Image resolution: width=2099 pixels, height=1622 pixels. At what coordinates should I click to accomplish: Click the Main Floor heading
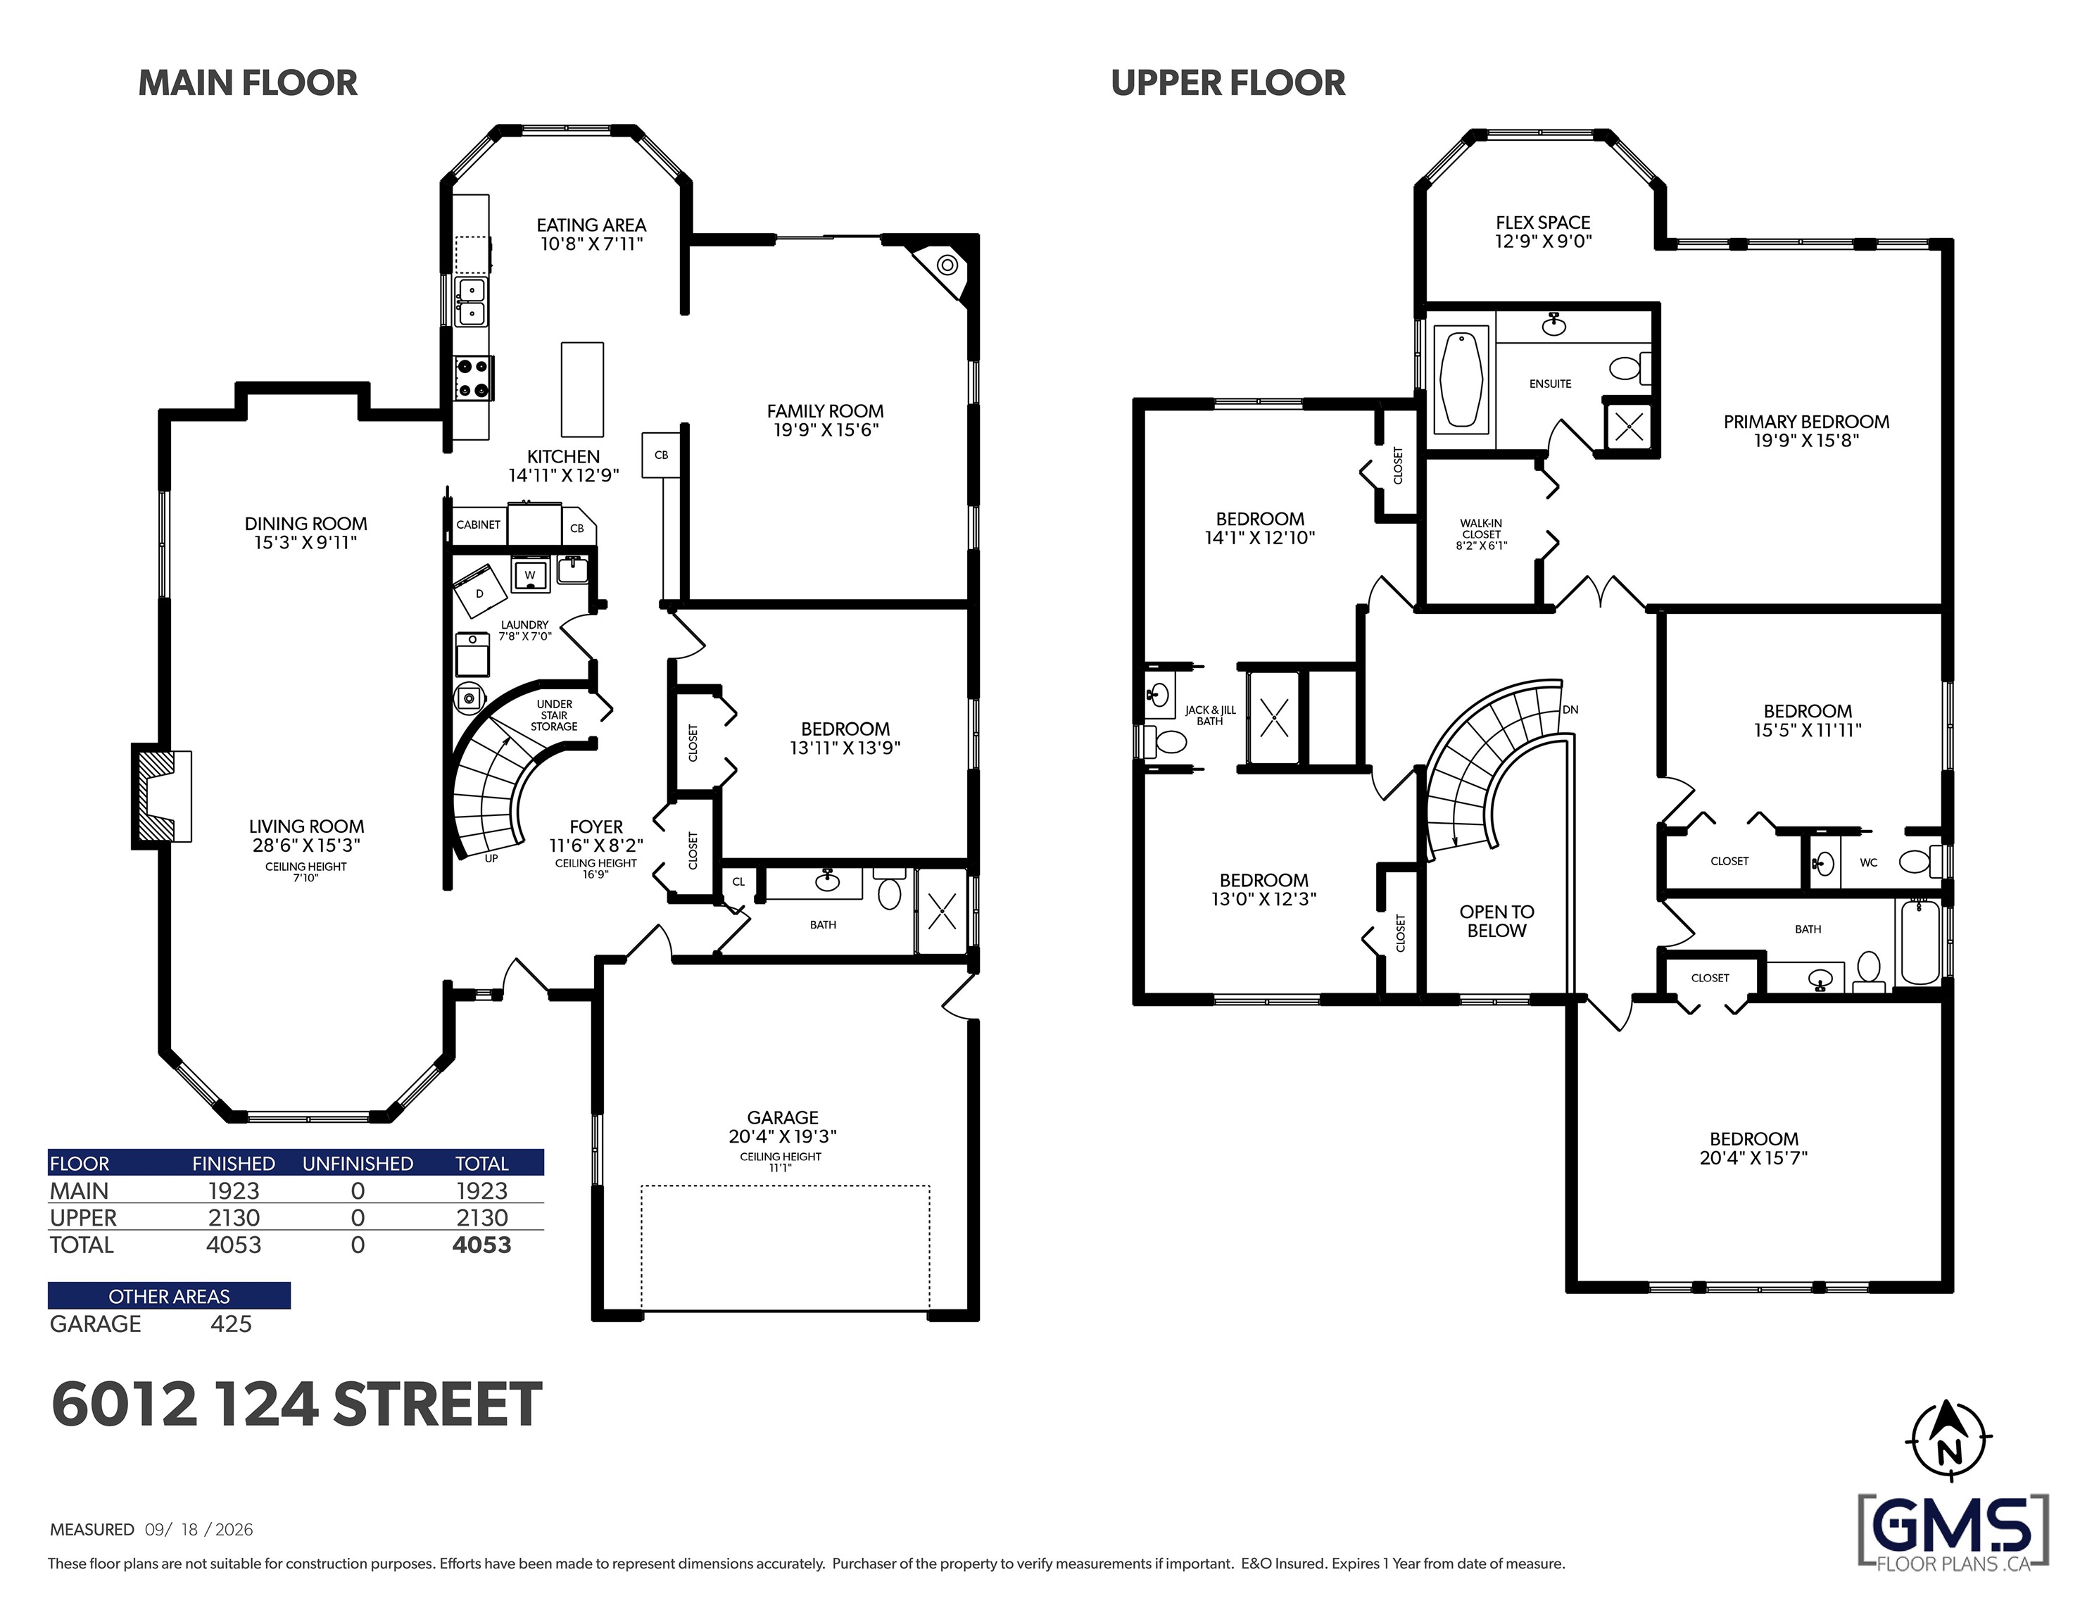click(248, 84)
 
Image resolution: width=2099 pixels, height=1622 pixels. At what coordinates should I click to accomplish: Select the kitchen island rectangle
click(582, 389)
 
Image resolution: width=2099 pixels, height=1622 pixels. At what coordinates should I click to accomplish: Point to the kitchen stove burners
click(473, 378)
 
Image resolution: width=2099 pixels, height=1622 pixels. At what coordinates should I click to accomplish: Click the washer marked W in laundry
click(529, 576)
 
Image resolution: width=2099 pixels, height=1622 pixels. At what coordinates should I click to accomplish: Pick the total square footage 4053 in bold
click(481, 1245)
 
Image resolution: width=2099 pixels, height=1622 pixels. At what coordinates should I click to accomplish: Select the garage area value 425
click(231, 1324)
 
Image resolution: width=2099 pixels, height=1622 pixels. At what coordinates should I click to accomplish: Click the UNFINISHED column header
click(358, 1164)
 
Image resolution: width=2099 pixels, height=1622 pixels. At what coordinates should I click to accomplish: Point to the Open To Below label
click(1496, 921)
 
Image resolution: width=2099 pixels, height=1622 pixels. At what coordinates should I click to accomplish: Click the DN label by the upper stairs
click(1570, 710)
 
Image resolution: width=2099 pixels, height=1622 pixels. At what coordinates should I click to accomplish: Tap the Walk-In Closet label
click(1481, 534)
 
